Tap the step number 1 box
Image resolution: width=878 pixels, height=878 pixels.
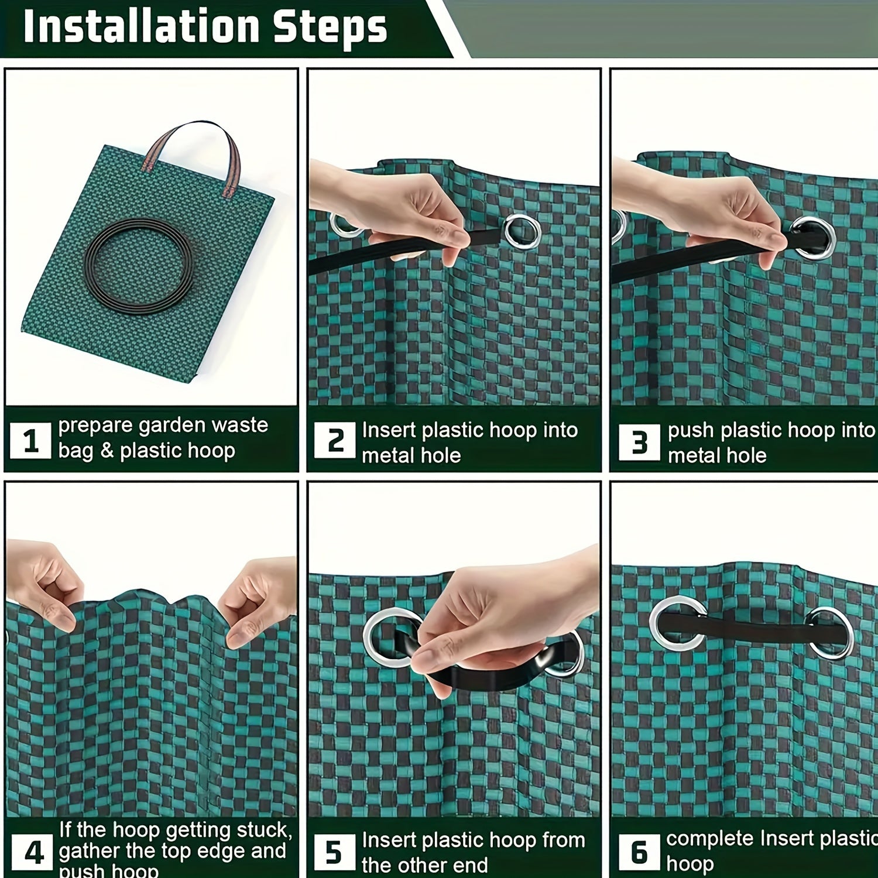30,441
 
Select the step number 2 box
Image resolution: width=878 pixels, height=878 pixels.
334,440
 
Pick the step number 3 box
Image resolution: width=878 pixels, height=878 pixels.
639,442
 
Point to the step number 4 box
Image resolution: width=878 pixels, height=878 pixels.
33,852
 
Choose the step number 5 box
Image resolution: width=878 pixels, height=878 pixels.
334,852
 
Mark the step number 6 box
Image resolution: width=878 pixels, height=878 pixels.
639,852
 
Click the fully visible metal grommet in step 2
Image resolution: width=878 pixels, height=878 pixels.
522,231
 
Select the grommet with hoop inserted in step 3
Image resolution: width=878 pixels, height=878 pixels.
814,238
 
